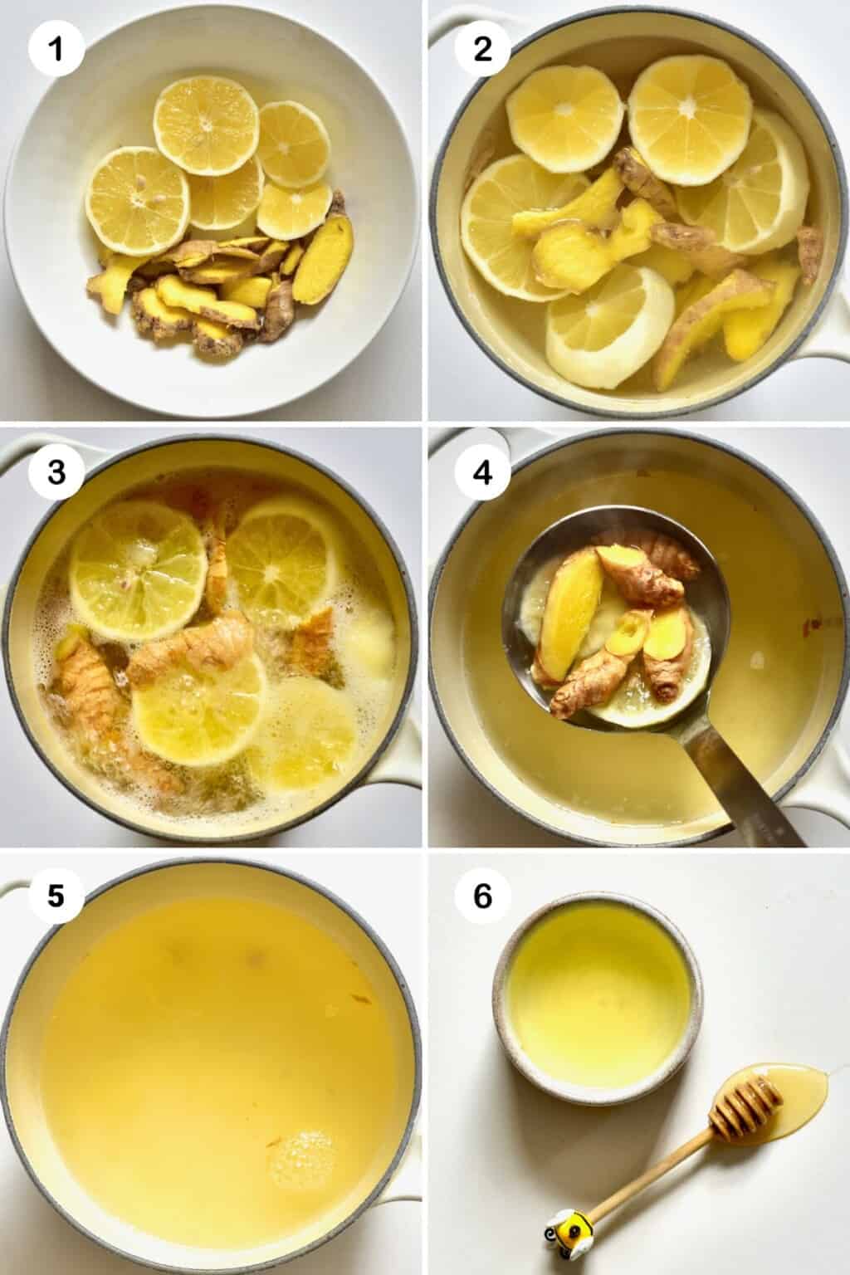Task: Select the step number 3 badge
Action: tap(56, 472)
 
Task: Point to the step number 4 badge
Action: tap(482, 472)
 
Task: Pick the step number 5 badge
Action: tap(56, 897)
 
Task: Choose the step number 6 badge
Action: tap(482, 897)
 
